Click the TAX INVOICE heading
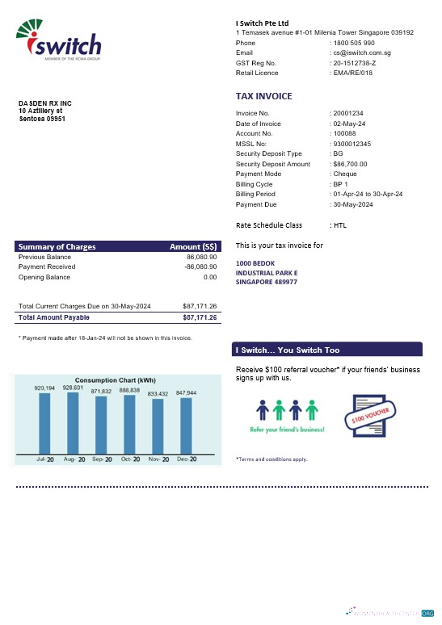point(264,96)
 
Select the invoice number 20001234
point(348,113)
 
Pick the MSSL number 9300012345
point(352,144)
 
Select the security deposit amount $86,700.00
point(350,164)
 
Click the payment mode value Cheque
point(344,174)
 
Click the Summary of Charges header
point(57,246)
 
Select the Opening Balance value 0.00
point(210,277)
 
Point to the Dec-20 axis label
point(186,459)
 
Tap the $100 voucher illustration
point(373,417)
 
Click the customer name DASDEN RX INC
point(45,103)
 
